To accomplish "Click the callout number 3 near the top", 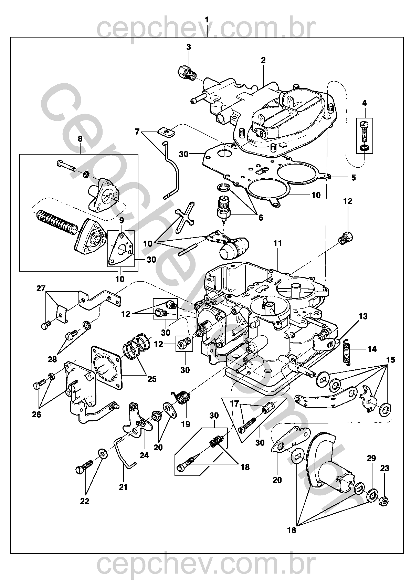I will click(x=189, y=47).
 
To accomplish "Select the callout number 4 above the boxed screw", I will click(x=365, y=103).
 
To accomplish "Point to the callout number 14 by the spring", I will click(x=372, y=349).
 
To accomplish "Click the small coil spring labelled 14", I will click(x=347, y=351).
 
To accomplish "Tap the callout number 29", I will click(x=371, y=459).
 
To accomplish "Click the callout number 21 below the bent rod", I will click(x=123, y=487).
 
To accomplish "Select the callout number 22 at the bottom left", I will click(x=84, y=501).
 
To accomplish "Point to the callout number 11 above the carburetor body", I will click(x=277, y=243).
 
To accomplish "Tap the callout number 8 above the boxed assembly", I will click(x=80, y=139).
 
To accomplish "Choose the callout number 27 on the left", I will click(x=41, y=288).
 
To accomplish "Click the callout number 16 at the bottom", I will click(x=291, y=530).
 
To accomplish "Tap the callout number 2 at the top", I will click(x=263, y=60).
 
